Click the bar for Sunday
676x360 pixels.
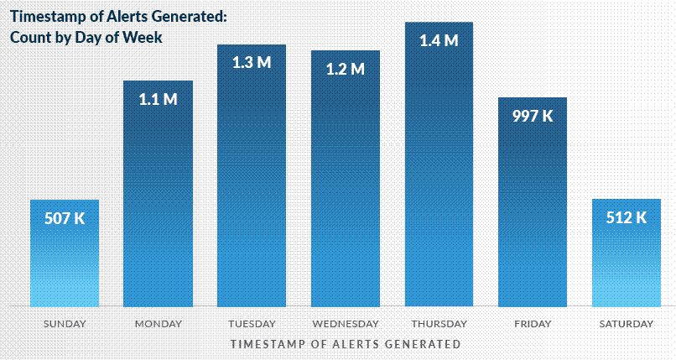click(x=65, y=260)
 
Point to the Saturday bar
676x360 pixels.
click(x=627, y=260)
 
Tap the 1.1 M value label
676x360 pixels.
click(x=159, y=99)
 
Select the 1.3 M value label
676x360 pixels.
click(x=252, y=63)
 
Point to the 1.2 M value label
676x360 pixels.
click(x=346, y=69)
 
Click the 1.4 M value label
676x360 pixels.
click(x=439, y=40)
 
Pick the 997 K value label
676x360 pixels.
click(x=533, y=116)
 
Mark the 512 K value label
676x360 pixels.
click(x=627, y=217)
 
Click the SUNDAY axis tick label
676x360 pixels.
click(x=65, y=324)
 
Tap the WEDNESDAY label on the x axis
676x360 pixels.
click(x=346, y=324)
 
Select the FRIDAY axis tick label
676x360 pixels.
click(x=533, y=324)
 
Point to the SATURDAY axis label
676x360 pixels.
click(x=627, y=324)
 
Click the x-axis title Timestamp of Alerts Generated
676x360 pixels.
click(x=345, y=344)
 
